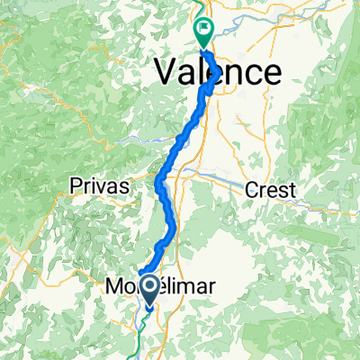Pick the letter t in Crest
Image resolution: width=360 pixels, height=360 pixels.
click(x=295, y=188)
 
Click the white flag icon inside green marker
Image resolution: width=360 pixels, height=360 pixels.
click(x=204, y=29)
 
